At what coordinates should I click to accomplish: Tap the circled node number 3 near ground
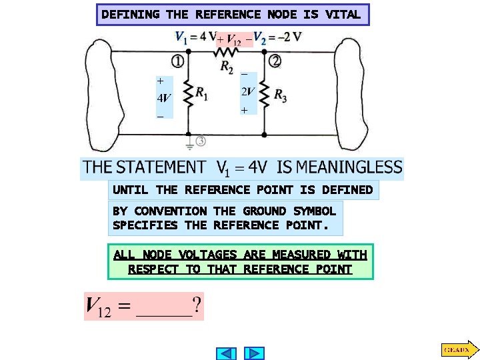coord(200,141)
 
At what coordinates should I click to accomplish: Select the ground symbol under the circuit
coord(189,142)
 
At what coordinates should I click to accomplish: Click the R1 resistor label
coord(201,95)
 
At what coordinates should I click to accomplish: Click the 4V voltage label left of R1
coord(164,97)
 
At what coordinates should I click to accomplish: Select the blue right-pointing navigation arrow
coord(254,353)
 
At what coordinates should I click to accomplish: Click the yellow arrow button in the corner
coord(458,349)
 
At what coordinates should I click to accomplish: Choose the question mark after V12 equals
coord(197,307)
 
